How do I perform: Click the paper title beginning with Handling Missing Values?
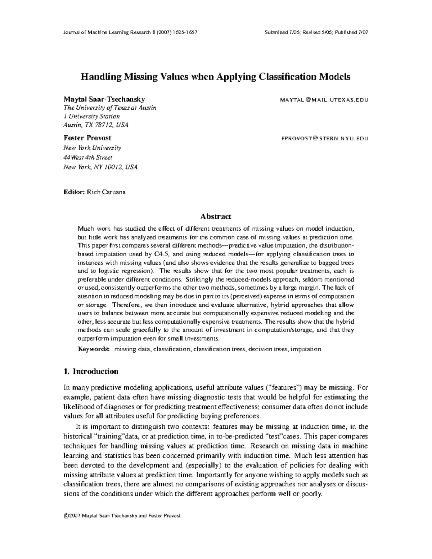click(x=215, y=77)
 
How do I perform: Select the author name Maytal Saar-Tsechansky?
click(x=104, y=99)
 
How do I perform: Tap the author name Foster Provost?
click(x=87, y=138)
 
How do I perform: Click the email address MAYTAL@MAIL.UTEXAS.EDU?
click(x=324, y=100)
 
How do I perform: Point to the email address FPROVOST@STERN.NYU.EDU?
click(x=324, y=139)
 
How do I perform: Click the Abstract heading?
click(x=216, y=216)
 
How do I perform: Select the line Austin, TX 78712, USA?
click(x=96, y=125)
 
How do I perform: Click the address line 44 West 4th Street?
click(x=88, y=157)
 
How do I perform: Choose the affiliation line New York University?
click(x=92, y=148)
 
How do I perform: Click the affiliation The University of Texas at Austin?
click(x=110, y=108)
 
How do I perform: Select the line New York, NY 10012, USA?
click(x=100, y=167)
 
